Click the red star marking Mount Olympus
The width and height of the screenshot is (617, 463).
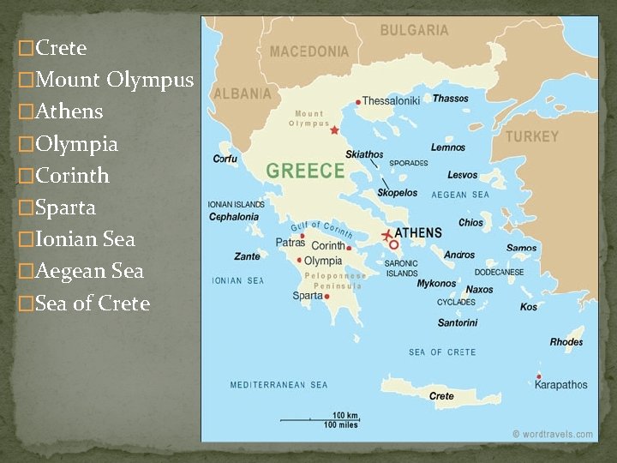[335, 131]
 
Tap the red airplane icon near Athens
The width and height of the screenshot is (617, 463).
[387, 234]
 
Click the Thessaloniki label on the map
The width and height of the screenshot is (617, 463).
[392, 100]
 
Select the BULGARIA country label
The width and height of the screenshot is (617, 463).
[414, 30]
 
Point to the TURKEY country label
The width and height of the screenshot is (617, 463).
[531, 136]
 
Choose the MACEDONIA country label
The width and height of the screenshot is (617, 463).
[309, 51]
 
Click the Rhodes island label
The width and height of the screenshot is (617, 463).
[566, 342]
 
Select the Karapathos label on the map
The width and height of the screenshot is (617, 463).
[561, 385]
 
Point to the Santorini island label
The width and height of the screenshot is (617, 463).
[458, 323]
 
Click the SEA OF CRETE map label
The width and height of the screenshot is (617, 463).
[442, 352]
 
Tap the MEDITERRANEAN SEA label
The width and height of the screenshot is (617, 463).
[279, 385]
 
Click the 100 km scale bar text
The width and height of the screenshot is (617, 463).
[345, 416]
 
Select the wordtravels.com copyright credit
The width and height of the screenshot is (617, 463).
[553, 434]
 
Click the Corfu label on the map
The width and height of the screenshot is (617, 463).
[225, 159]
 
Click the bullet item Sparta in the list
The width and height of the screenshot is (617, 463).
[65, 207]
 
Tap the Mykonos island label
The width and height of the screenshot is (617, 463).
[437, 284]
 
